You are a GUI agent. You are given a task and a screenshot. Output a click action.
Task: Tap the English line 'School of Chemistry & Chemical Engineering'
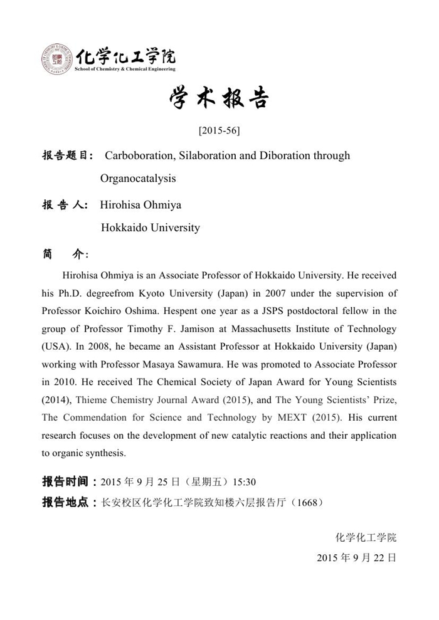pyautogui.click(x=125, y=69)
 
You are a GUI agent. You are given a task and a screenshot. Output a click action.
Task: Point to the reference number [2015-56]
pyautogui.click(x=219, y=131)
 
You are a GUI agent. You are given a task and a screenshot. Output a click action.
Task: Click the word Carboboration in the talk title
pyautogui.click(x=138, y=155)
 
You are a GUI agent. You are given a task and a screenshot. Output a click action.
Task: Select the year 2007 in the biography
pyautogui.click(x=265, y=293)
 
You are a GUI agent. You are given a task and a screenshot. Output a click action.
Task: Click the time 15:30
pyautogui.click(x=244, y=482)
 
